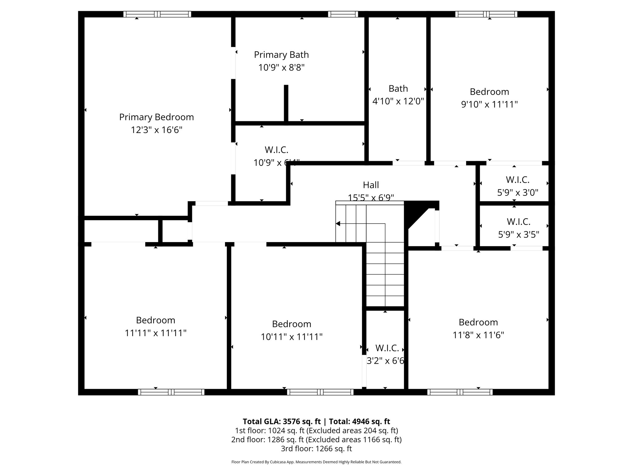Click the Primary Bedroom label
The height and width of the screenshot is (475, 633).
tap(156, 117)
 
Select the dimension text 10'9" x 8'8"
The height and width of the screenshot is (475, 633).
tap(281, 67)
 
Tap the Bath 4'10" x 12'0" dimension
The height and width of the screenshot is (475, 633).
tap(398, 101)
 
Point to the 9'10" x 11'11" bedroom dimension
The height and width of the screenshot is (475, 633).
tap(489, 105)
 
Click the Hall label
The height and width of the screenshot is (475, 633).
tap(371, 185)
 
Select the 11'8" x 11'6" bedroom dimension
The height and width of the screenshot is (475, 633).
tap(478, 335)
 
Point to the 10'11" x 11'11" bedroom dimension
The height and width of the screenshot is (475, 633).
tap(291, 337)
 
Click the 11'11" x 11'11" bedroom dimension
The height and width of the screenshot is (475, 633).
tap(155, 333)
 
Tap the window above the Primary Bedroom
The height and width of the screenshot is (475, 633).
tap(157, 14)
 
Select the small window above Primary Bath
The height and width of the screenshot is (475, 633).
tap(343, 14)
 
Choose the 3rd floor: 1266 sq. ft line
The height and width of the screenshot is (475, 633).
tap(316, 449)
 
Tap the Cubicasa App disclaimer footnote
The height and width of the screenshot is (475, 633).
tap(316, 462)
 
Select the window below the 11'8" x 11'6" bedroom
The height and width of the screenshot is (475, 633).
tap(460, 392)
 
